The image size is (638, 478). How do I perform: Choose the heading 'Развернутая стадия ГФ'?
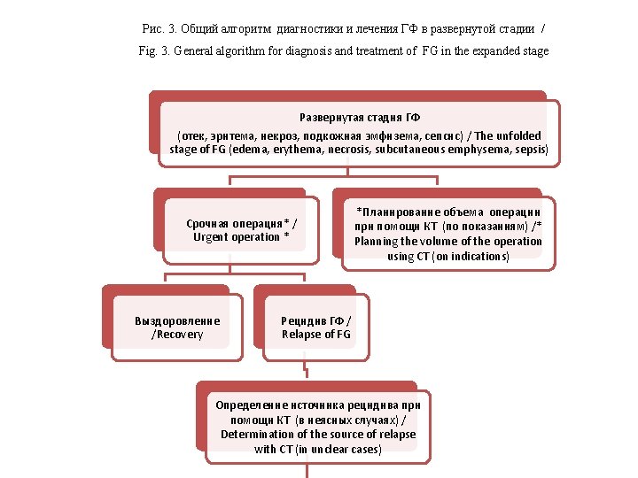click(360, 118)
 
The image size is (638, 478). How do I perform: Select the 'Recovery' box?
click(177, 328)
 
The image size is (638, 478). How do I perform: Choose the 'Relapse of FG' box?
click(316, 328)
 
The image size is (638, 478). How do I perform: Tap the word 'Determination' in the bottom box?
click(256, 435)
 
